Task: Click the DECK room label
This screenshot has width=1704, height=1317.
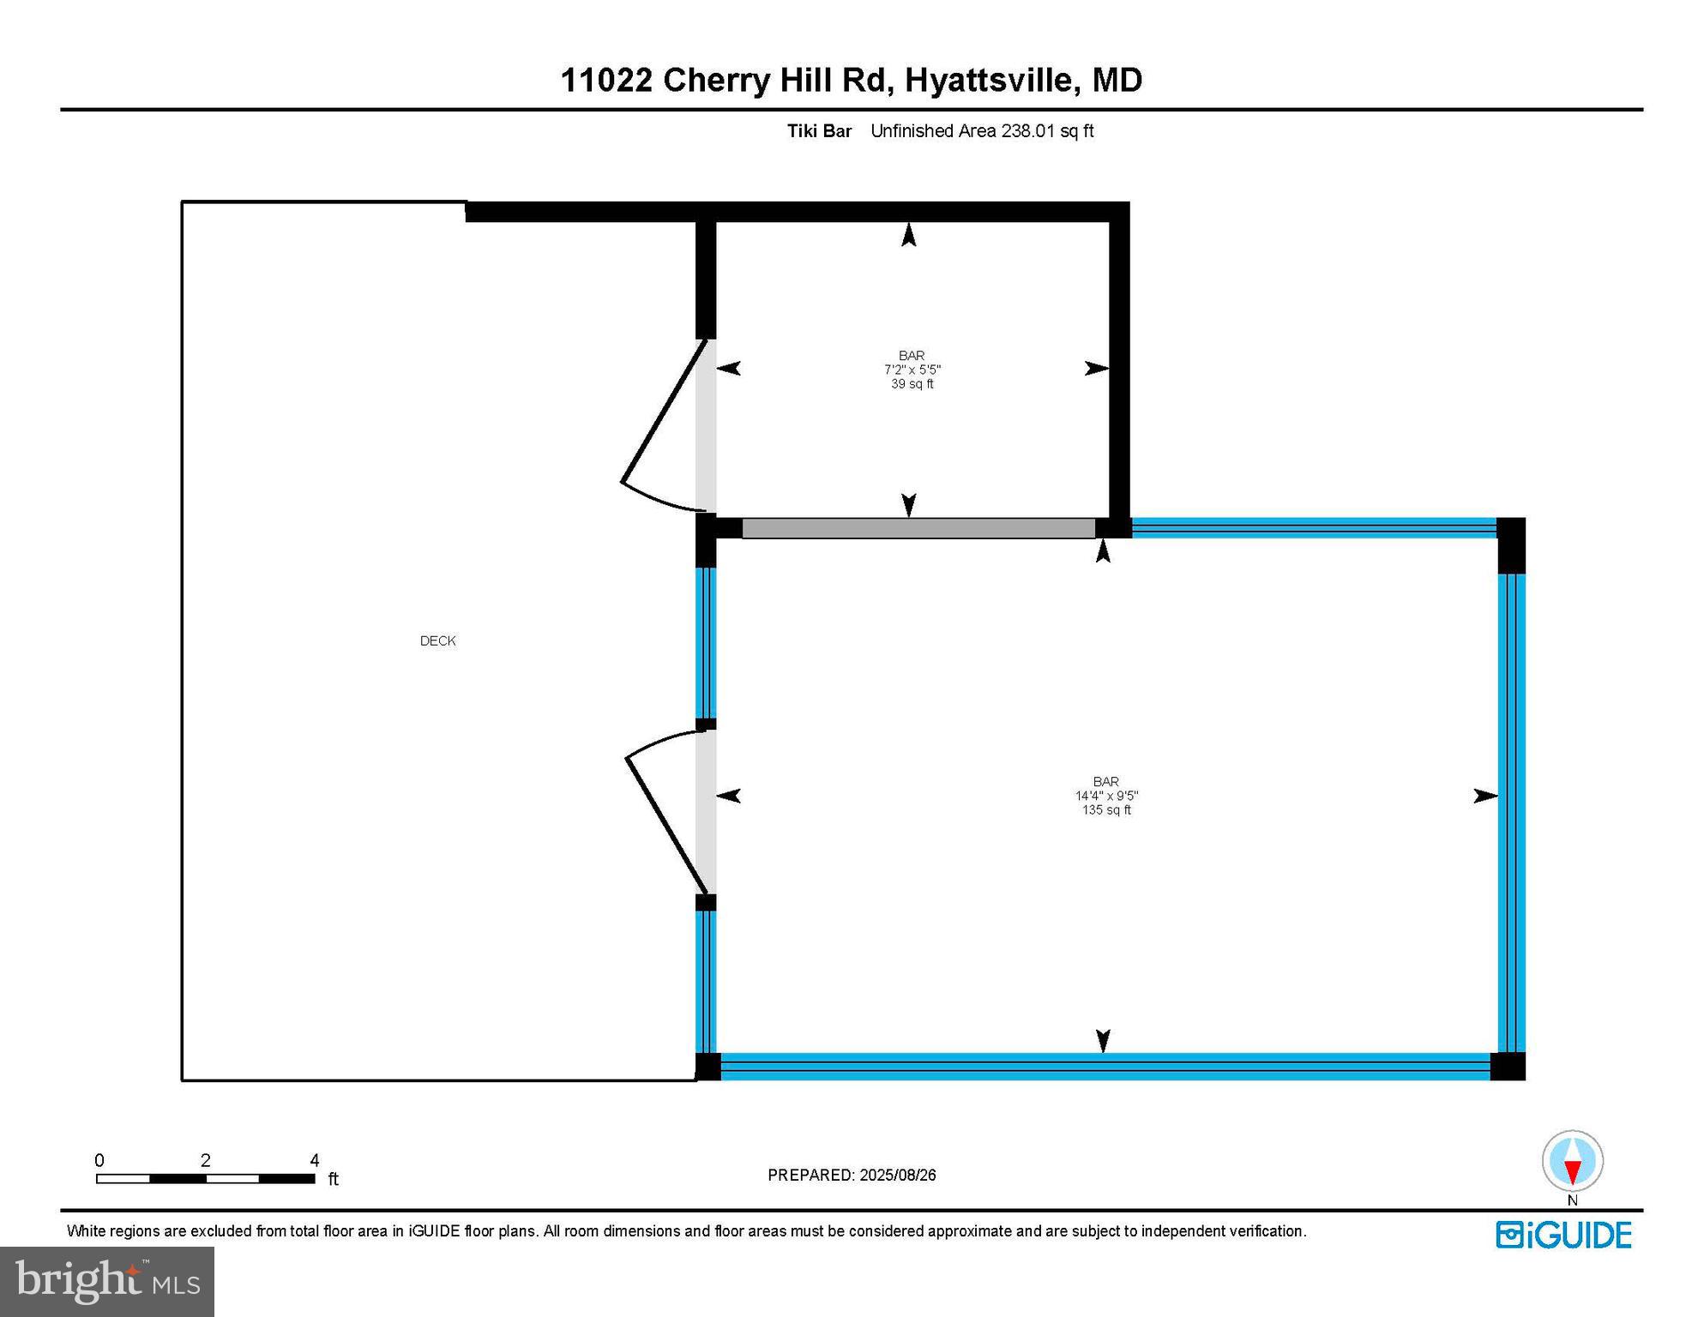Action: click(437, 640)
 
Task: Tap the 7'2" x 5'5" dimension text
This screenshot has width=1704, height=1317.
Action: click(912, 370)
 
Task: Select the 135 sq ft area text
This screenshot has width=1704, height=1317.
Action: click(1106, 810)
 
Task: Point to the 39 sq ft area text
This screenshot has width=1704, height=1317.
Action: click(912, 384)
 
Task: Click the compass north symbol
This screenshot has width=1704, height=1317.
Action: click(1572, 1162)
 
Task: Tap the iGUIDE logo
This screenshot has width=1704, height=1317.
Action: click(1563, 1235)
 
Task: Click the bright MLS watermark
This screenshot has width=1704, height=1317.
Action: click(107, 1281)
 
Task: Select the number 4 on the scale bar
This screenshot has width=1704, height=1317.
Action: click(315, 1160)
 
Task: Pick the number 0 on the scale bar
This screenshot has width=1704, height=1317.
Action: click(99, 1160)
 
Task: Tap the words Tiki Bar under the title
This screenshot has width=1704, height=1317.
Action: click(819, 131)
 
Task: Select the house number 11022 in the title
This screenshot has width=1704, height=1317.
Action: click(606, 81)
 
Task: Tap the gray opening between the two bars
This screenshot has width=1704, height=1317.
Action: click(918, 528)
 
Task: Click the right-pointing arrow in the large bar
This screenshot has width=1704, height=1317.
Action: click(1484, 797)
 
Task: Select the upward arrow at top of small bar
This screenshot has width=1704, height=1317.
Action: click(909, 234)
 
